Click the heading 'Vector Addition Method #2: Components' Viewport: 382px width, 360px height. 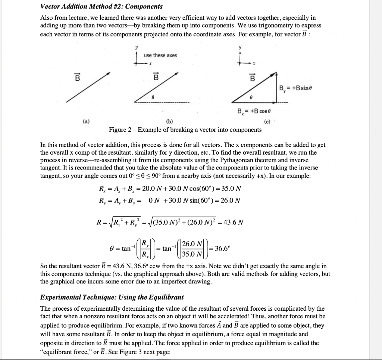[101, 6]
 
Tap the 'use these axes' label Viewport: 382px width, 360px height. [160, 55]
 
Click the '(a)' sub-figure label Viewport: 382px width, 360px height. [86, 121]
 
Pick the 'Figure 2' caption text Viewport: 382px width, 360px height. [185, 130]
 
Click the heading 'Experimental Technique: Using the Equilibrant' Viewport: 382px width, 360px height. [112, 297]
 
